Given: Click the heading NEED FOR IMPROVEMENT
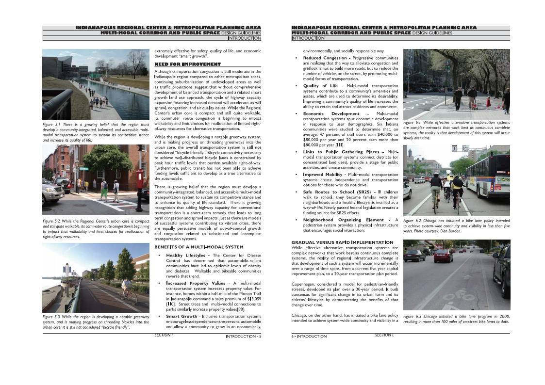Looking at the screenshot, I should coord(187,64).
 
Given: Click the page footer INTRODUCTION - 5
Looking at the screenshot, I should coord(243,336).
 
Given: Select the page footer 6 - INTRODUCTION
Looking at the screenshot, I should coord(309,336).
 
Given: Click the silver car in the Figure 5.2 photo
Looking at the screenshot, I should coord(52,191).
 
